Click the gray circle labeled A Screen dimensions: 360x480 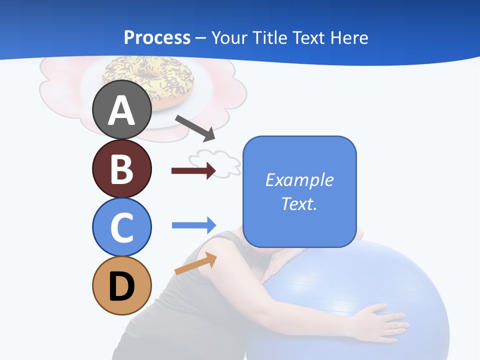[x=122, y=110]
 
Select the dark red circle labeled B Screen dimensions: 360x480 [x=122, y=168]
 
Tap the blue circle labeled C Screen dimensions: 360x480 [x=122, y=227]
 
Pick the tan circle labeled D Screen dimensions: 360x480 [x=122, y=286]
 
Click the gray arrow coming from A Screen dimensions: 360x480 [x=195, y=127]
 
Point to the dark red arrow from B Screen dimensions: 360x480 [x=193, y=170]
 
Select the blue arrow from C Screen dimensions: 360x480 [x=194, y=225]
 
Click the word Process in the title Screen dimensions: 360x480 [x=157, y=37]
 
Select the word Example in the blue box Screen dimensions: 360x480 [x=299, y=180]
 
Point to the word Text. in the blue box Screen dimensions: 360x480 [x=299, y=203]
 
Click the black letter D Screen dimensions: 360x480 [x=122, y=287]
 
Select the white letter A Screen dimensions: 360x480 [x=122, y=110]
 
